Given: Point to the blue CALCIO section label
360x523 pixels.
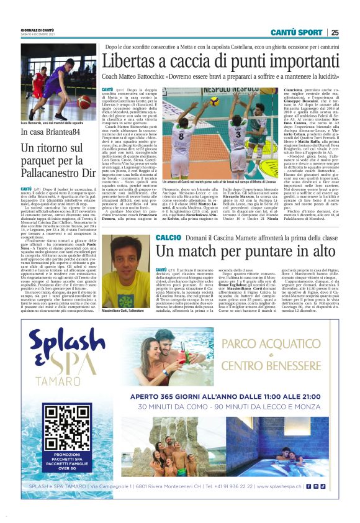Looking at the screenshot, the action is tap(168, 238).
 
